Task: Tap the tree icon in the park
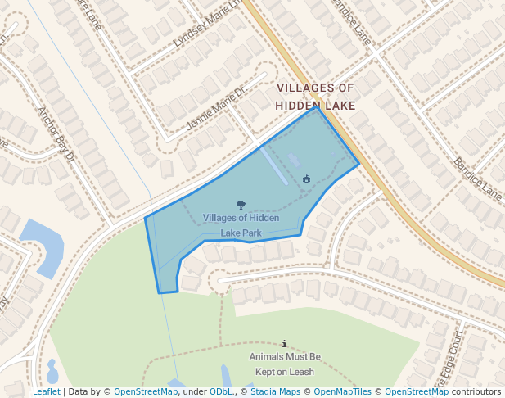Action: [x=241, y=206]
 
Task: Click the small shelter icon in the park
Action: [x=307, y=179]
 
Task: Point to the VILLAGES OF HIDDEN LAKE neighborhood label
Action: [x=315, y=97]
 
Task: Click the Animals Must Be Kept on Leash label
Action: [x=285, y=364]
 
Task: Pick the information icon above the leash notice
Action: [x=284, y=344]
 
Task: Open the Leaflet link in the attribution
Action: [x=46, y=391]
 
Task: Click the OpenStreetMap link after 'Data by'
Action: [x=145, y=391]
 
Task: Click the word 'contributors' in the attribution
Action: [x=476, y=391]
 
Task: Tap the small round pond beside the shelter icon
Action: [x=295, y=157]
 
